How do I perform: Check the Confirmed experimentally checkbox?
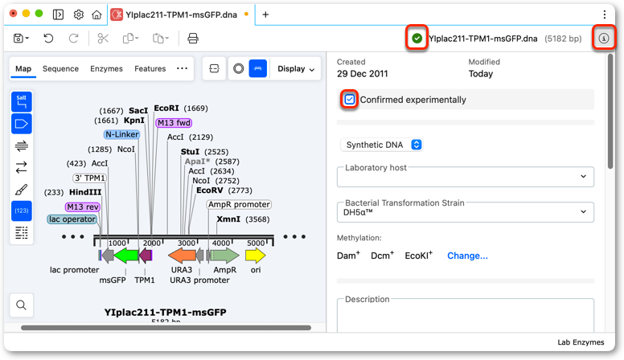coord(350,100)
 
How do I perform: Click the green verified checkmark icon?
coord(417,39)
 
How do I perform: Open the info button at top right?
coord(604,39)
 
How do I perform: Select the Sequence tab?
coord(60,69)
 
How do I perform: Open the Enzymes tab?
coord(106,69)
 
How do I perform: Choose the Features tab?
coord(150,69)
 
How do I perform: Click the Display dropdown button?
coord(296,69)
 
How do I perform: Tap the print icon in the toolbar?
coord(193,39)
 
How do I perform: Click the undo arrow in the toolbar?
coord(48,39)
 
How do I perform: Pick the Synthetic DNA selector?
coord(382,145)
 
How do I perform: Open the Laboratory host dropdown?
coord(466,177)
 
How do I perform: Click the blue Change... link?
coord(467,256)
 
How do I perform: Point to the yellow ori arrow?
coord(255,256)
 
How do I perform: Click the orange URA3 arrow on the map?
coord(182,256)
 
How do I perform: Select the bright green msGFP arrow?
coord(126,256)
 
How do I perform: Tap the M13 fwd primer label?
coord(174,123)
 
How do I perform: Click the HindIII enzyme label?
coord(85,192)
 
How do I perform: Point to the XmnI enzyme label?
coord(228,219)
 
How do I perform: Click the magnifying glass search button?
coord(22,305)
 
